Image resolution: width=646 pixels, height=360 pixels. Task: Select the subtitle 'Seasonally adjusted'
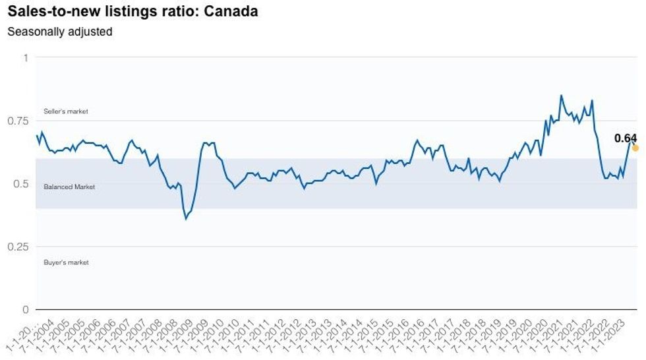click(60, 32)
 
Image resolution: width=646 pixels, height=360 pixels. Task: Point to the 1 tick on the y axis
click(26, 58)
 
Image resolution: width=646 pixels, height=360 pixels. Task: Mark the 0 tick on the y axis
click(26, 309)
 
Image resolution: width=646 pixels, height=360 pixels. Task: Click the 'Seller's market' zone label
click(65, 111)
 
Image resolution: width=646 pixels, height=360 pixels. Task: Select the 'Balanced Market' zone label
click(69, 187)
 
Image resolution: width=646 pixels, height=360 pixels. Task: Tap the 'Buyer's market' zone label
click(66, 262)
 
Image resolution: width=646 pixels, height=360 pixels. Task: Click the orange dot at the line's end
click(635, 148)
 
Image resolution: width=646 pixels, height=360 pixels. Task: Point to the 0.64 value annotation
click(625, 138)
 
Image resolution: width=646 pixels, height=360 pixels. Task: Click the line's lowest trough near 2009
click(186, 218)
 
